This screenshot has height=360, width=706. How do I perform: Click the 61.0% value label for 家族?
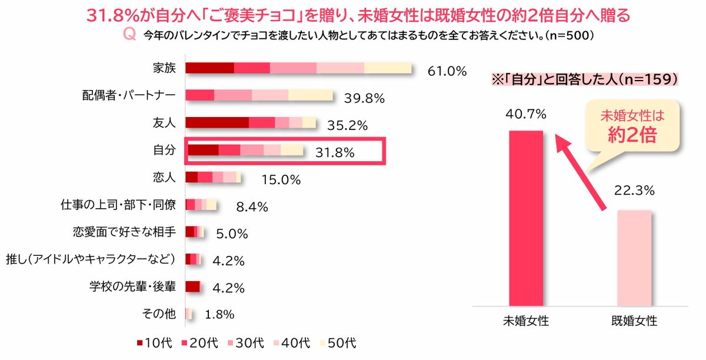(x=447, y=71)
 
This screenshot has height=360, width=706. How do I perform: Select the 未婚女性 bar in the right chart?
(x=525, y=218)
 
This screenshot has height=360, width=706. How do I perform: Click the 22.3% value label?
(x=634, y=190)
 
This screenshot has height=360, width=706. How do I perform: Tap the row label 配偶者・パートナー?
(x=129, y=95)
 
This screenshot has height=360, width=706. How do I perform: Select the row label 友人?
(x=164, y=122)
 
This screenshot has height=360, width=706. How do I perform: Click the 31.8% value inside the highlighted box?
(x=335, y=153)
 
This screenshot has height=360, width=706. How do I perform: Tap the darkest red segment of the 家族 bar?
(x=209, y=68)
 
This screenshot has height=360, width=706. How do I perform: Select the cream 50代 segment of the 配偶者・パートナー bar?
(x=311, y=95)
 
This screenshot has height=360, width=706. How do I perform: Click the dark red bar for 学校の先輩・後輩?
(x=193, y=286)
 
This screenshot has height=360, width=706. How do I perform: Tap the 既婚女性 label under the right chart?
(x=634, y=322)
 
